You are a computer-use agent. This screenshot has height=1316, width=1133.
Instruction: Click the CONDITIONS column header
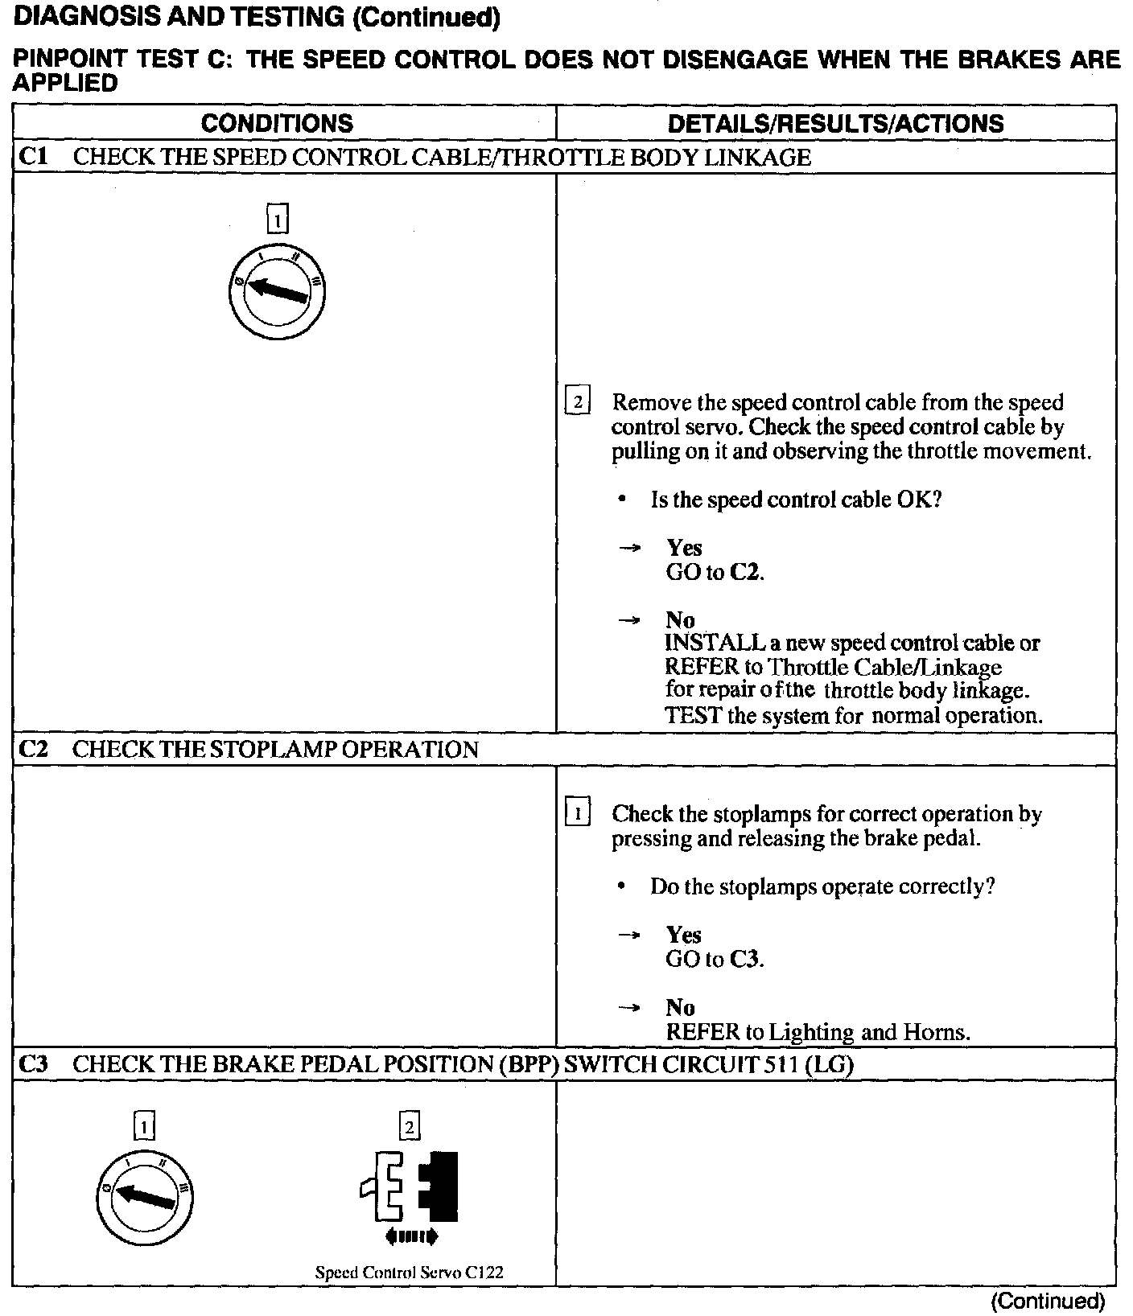(277, 123)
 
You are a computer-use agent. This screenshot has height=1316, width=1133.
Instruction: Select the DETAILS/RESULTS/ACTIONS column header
(835, 123)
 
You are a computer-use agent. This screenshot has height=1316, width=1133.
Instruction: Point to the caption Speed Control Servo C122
(410, 1273)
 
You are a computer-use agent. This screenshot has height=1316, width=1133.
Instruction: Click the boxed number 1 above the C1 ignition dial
(277, 219)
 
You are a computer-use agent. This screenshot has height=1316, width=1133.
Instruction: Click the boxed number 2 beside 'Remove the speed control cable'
(578, 401)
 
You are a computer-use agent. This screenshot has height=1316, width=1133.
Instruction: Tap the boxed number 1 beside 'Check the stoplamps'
(578, 812)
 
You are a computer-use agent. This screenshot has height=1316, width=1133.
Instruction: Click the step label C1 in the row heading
(33, 157)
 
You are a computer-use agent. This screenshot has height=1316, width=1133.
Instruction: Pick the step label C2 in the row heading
(33, 750)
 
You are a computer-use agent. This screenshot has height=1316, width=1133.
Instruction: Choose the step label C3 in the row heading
(33, 1064)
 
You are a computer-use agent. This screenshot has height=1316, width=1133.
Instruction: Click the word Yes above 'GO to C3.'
(684, 935)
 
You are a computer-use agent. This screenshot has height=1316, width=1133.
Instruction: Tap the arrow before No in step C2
(629, 1007)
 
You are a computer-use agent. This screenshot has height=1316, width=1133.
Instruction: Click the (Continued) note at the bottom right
(1048, 1301)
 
